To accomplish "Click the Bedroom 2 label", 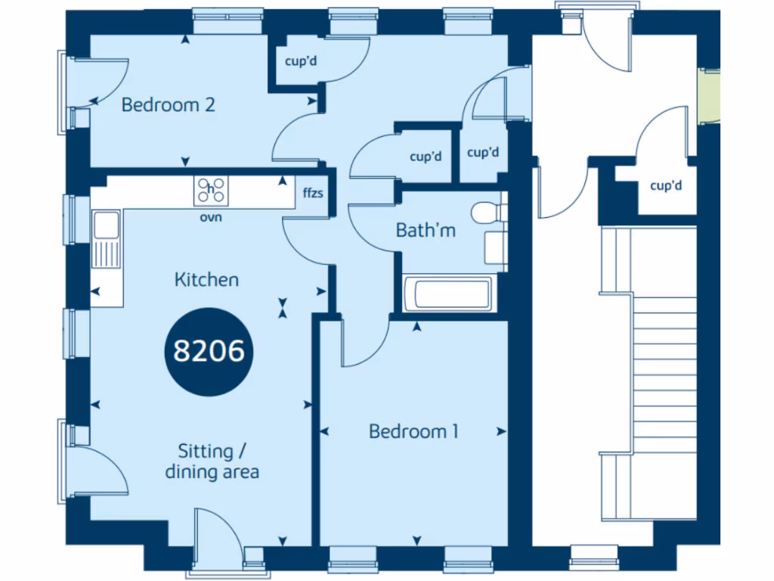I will (x=168, y=104).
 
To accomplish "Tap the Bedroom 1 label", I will (x=413, y=431).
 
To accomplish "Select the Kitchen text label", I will (x=206, y=280).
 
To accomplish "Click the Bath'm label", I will (x=426, y=230).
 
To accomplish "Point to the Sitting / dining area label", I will (x=212, y=461).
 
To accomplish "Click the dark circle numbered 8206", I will (x=209, y=351).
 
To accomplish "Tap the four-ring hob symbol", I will (x=211, y=191).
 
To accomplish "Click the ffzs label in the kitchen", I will (x=313, y=193).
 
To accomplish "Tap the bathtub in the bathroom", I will (x=448, y=294).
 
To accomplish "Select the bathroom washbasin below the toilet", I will (x=494, y=247).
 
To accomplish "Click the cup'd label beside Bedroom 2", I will (x=300, y=62).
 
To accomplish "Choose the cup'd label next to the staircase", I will (x=665, y=185).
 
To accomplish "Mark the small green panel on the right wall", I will (x=709, y=95).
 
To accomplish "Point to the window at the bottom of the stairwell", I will (x=593, y=557).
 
